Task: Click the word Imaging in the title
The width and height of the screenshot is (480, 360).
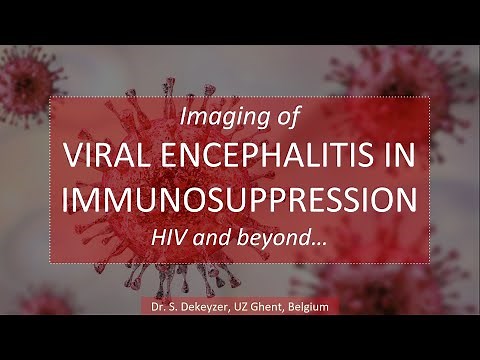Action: point(212,117)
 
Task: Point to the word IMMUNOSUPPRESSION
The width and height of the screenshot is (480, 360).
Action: point(239,199)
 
